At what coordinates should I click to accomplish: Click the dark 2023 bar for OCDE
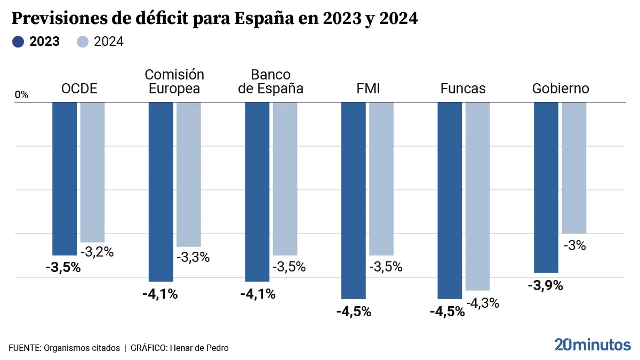[65, 179]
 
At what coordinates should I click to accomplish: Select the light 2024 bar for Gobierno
[574, 167]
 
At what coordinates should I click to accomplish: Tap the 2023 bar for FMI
[354, 201]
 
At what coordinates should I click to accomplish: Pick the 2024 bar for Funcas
[477, 196]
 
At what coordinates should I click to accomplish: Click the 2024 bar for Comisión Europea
[189, 174]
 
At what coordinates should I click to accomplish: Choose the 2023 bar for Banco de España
[257, 191]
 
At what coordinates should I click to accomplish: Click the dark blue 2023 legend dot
[19, 42]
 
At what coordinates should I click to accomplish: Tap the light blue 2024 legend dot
[83, 42]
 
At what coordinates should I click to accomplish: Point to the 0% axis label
[21, 95]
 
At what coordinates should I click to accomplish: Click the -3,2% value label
[97, 252]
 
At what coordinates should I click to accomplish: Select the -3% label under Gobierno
[574, 246]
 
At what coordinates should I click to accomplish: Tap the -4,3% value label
[483, 303]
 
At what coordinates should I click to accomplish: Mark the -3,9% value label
[545, 286]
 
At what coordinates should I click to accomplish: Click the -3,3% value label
[193, 257]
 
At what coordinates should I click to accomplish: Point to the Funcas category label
[463, 89]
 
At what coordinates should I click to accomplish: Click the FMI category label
[368, 89]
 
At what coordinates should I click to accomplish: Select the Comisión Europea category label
[174, 82]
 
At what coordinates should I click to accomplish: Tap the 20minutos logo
[592, 345]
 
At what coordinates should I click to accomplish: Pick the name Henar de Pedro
[199, 348]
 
